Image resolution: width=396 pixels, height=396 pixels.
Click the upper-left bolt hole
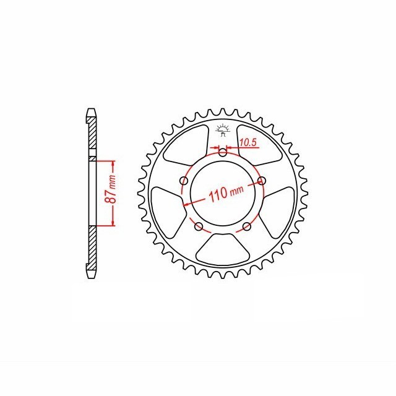pyautogui.click(x=184, y=181)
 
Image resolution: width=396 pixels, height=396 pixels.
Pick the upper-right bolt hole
pyautogui.click(x=260, y=181)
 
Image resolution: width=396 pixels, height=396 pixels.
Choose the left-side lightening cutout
pyautogui.click(x=166, y=204)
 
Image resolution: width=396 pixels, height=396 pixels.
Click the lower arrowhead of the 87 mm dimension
pyautogui.click(x=113, y=225)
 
